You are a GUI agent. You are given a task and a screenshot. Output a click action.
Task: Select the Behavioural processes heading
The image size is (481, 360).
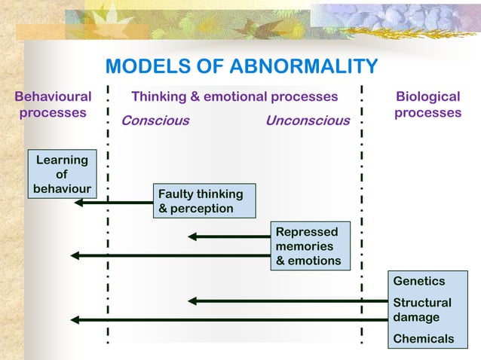(53, 105)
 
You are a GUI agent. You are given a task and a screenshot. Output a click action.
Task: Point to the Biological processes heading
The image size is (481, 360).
(427, 105)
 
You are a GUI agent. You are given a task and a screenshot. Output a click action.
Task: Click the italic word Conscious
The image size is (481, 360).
(155, 121)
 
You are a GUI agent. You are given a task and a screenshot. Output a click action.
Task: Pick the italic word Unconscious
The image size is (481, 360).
(308, 121)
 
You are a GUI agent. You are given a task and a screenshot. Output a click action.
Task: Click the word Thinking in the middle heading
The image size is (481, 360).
(159, 96)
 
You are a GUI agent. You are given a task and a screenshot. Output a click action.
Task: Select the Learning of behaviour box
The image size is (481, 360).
(62, 174)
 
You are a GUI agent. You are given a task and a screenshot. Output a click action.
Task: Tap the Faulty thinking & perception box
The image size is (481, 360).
(204, 201)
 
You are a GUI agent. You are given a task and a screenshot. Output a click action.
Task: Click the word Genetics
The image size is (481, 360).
(419, 281)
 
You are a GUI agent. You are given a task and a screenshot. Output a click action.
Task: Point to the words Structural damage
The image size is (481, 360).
(422, 310)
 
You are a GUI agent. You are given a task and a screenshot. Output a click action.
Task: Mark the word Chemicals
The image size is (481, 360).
(424, 338)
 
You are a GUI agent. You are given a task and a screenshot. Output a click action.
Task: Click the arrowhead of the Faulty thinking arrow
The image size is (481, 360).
(79, 202)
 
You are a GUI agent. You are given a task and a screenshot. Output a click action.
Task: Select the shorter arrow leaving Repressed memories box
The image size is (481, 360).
(229, 236)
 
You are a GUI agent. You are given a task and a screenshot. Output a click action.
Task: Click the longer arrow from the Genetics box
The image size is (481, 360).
(226, 320)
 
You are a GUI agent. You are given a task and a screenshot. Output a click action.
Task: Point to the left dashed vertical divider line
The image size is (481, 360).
(109, 226)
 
